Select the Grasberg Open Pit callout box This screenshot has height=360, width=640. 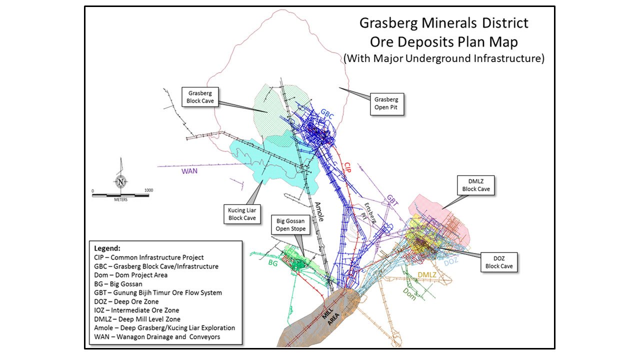pyautogui.click(x=387, y=103)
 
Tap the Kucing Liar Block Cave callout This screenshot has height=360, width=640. pyautogui.click(x=242, y=214)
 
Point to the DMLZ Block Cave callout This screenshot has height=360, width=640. pyautogui.click(x=476, y=185)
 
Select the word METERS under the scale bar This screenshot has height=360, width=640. pyautogui.click(x=120, y=199)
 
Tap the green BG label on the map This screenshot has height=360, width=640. pyautogui.click(x=273, y=262)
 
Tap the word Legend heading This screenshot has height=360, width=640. pyautogui.click(x=107, y=248)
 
